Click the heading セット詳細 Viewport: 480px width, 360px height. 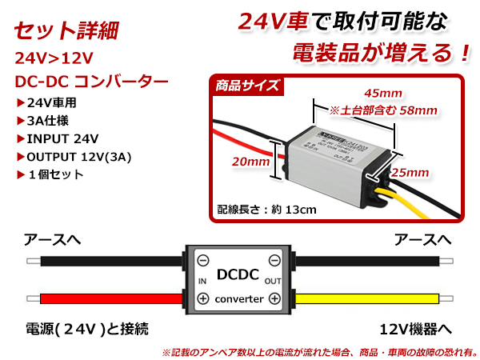coord(67,33)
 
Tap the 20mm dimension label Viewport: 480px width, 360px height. coord(250,162)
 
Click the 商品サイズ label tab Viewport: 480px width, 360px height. coord(248,86)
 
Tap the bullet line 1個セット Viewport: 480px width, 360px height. coord(53,174)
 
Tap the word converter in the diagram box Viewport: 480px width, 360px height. coord(238,298)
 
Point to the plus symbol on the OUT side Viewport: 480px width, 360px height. coord(274,298)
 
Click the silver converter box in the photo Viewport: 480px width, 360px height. coord(337,152)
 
